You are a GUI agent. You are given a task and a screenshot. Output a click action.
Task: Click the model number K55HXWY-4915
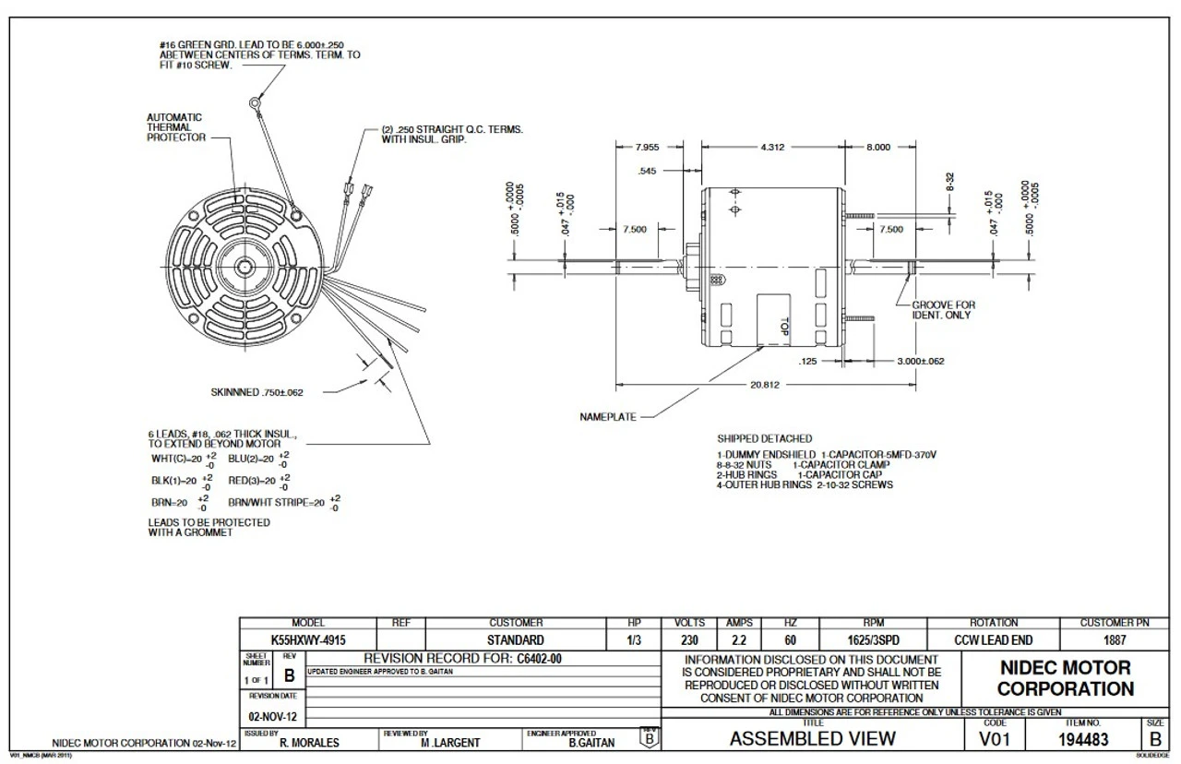pos(308,639)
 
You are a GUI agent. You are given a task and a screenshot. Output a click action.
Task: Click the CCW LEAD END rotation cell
pos(993,639)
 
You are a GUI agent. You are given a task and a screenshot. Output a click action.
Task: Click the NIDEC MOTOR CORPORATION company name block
pos(1065,678)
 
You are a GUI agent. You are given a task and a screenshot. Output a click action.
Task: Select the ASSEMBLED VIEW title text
pos(812,738)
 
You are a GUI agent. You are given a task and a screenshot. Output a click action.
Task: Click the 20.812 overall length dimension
pos(765,385)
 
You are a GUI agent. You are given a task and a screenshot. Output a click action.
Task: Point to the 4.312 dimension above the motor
pos(772,148)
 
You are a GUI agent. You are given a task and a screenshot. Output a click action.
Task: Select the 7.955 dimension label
pos(649,148)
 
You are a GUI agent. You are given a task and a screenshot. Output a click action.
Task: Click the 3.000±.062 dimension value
pos(920,362)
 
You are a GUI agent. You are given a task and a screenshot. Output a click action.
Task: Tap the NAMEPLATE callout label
pos(608,417)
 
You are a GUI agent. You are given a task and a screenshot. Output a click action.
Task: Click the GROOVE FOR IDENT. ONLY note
pos(942,310)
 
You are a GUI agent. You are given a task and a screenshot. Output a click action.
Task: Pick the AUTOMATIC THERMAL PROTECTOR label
pos(174,127)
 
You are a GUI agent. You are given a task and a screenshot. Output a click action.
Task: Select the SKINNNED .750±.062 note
pos(256,392)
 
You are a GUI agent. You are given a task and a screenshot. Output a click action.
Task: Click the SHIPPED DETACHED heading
pos(764,438)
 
